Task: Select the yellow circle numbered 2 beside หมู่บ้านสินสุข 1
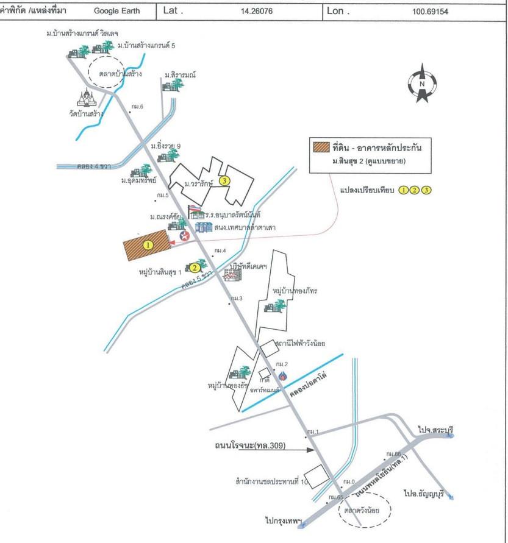(x=194, y=267)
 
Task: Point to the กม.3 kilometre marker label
(x=237, y=298)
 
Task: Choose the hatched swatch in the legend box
(x=321, y=147)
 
